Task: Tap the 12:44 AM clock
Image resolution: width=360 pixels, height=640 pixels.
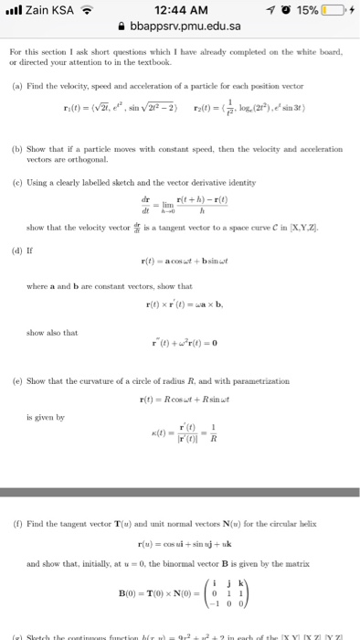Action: click(179, 10)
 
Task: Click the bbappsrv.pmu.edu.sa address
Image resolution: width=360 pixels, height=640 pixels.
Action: click(185, 28)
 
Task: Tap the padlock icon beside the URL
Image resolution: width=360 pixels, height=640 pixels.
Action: click(134, 28)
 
